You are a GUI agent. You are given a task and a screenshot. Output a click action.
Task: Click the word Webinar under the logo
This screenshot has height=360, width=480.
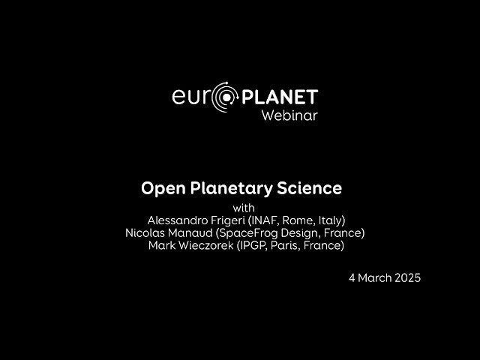click(x=289, y=115)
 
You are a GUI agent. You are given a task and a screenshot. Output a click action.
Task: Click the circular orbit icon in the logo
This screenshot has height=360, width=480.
click(x=223, y=97)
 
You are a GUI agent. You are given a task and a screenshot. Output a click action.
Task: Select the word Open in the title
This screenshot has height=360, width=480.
click(x=160, y=187)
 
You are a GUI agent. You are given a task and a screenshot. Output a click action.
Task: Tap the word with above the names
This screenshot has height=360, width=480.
click(x=244, y=208)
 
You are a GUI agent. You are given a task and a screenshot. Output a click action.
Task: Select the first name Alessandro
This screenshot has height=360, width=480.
click(x=178, y=220)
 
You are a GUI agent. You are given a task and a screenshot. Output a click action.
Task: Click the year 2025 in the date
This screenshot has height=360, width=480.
click(x=406, y=277)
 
